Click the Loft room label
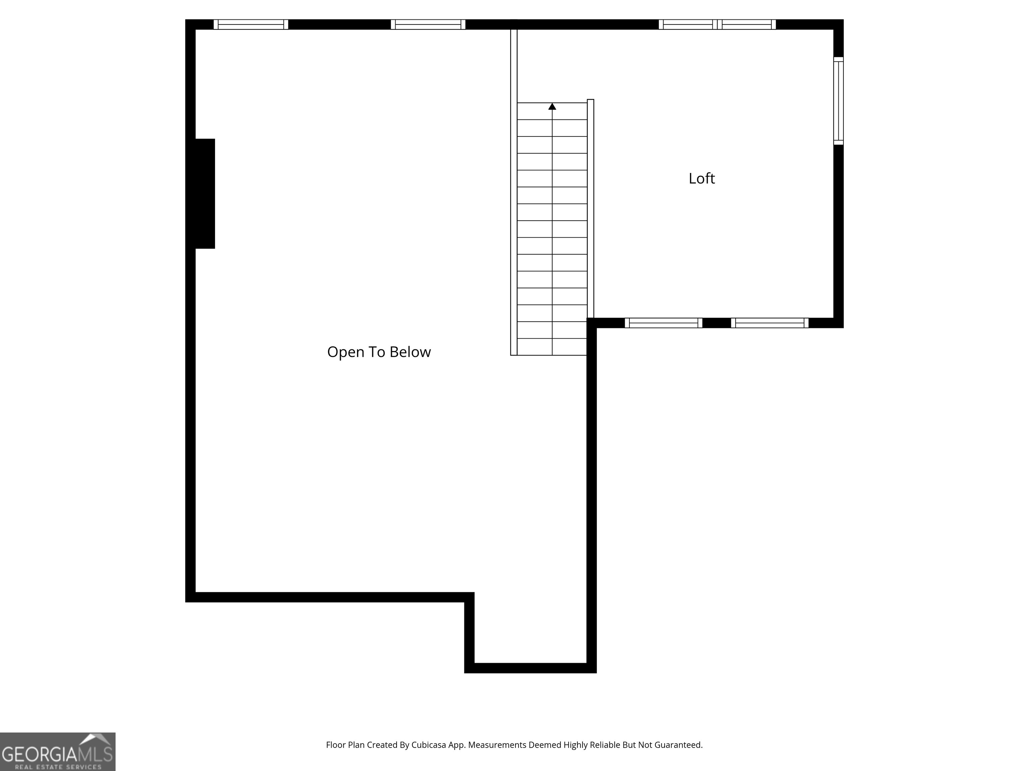coord(701,178)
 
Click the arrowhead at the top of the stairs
coord(552,106)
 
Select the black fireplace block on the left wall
coord(204,193)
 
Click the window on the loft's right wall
coord(838,101)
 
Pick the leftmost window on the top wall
coord(251,25)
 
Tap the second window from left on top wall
coord(428,25)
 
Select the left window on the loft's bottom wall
coord(663,323)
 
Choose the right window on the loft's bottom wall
coord(770,323)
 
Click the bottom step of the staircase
coord(552,347)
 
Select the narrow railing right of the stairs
coord(590,209)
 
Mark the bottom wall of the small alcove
coord(530,668)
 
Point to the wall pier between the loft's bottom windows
coord(716,323)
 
